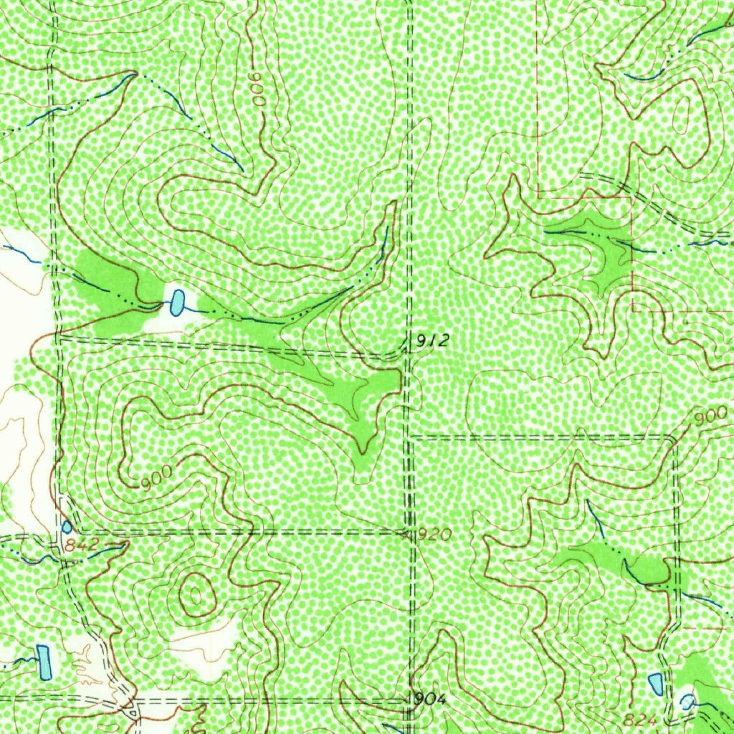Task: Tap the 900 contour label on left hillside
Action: coord(157,477)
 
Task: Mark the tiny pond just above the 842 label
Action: coord(67,527)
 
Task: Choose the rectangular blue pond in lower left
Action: coord(44,662)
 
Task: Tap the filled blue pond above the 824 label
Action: coord(655,685)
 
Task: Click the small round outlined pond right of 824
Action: coord(687,705)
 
